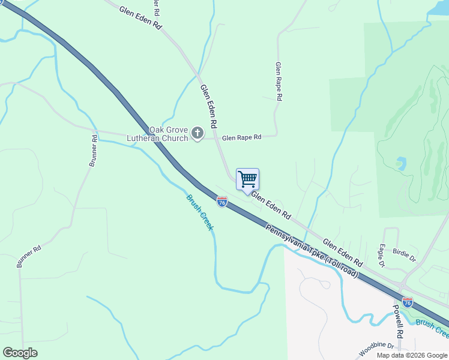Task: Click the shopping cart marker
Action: coord(247,179)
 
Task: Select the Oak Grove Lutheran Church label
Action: coord(158,134)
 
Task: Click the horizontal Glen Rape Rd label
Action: coord(242,137)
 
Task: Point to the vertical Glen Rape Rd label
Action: coord(279,80)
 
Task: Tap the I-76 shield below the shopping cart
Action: coord(222,203)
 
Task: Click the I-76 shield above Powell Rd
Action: coord(408,302)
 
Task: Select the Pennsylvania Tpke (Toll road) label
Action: coord(312,251)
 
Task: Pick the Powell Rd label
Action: coord(397,319)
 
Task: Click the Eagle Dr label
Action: coord(382,256)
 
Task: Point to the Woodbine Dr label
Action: coord(376,346)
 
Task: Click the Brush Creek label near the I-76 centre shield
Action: coord(200,212)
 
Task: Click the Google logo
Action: coord(20,353)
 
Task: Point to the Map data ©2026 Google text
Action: coord(412,355)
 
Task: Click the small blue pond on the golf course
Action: coord(400,163)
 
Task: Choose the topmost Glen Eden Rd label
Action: coord(141,19)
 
